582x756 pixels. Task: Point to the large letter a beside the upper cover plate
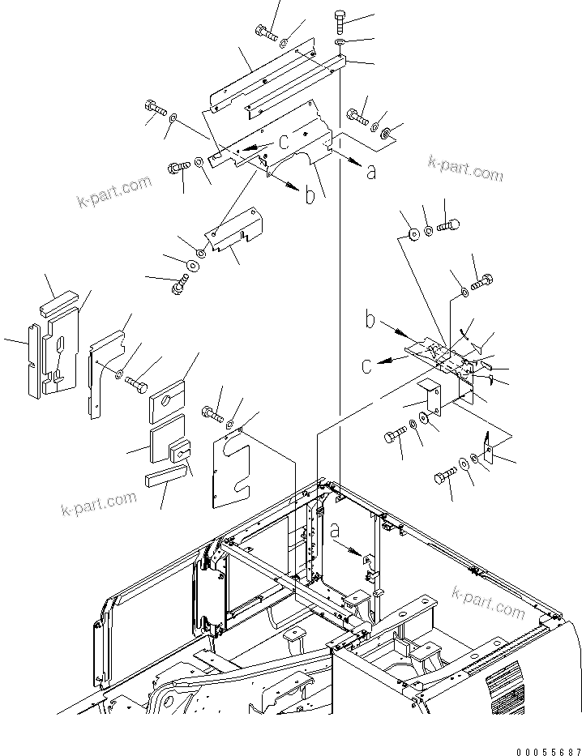pos(370,171)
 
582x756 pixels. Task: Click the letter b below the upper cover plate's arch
pos(310,196)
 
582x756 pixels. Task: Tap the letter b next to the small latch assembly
pos(369,322)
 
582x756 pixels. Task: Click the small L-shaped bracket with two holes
pos(430,397)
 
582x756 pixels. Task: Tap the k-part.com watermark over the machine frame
pos(490,601)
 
